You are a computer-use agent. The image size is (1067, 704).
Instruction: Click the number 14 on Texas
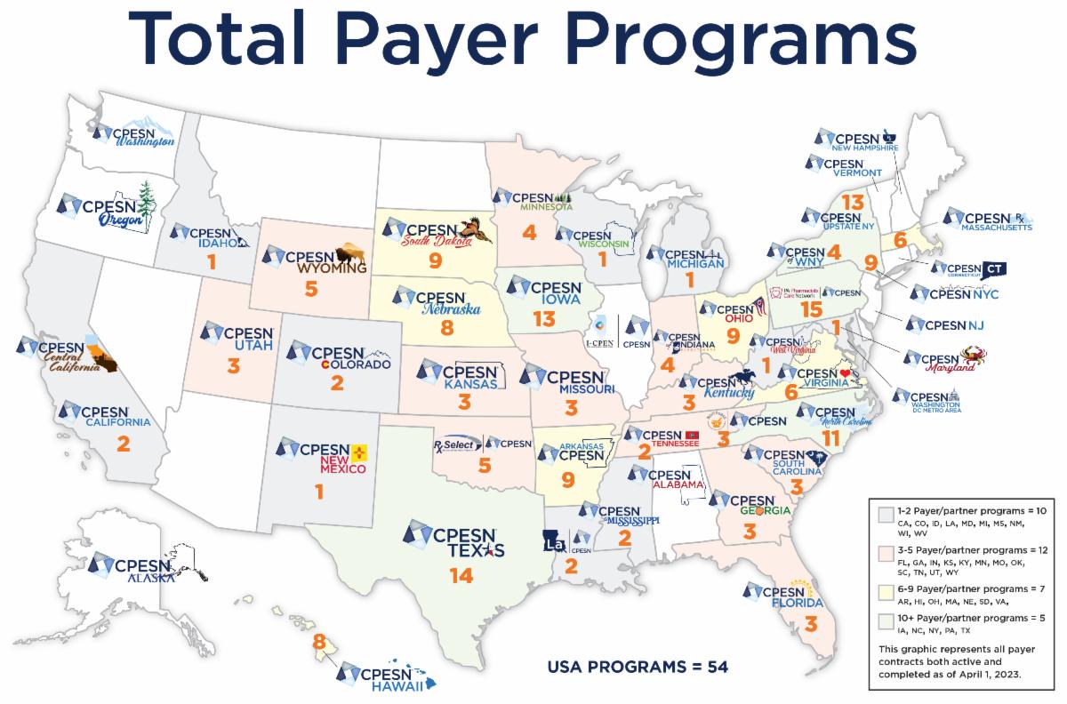click(461, 576)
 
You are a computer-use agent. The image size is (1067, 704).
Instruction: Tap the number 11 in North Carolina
click(831, 437)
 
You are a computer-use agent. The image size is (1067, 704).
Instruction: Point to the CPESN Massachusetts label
click(987, 220)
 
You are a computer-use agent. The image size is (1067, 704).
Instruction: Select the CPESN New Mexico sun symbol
click(359, 453)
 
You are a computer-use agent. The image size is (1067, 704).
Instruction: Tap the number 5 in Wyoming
click(310, 288)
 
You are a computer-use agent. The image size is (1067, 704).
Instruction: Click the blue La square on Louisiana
click(554, 540)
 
